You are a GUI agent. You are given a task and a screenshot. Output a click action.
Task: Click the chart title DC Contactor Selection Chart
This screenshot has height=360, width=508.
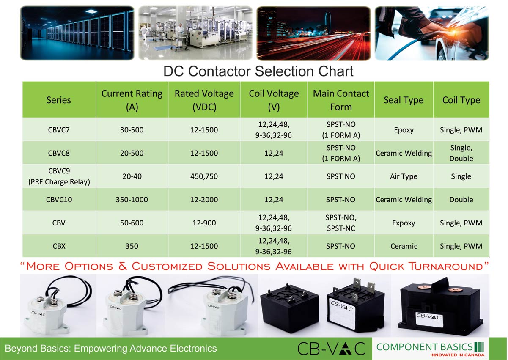pos(258,71)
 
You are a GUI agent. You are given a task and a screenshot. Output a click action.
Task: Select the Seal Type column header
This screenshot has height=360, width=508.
pos(404,100)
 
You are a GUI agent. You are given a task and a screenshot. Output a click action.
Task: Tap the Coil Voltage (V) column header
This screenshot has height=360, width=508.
pos(274,100)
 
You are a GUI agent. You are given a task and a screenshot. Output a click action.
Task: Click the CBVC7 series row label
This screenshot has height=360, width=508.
pos(59,130)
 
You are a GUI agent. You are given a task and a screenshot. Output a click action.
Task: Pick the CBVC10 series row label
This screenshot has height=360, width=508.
pos(59,200)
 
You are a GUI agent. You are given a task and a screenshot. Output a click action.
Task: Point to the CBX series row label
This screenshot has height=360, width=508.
pos(59,246)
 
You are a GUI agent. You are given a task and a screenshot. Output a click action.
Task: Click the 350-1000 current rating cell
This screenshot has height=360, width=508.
pos(132,200)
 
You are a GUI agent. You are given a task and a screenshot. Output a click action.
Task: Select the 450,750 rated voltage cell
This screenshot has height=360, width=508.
pos(204,176)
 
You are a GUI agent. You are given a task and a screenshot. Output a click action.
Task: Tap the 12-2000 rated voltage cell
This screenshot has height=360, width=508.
pos(204,200)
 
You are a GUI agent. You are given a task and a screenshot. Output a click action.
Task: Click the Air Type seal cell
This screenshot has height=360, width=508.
pos(404,176)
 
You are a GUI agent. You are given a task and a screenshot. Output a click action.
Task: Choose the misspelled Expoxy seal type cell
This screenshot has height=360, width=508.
pos(404,223)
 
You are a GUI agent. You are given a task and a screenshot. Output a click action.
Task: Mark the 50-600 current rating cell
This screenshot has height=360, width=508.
pos(132,223)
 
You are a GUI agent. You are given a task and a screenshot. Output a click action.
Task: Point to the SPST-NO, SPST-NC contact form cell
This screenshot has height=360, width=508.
pos(341,223)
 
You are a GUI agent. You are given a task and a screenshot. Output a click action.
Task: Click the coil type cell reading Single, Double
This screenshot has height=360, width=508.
pos(461,153)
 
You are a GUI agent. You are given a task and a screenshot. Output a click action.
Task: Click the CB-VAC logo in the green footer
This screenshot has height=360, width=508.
pos(331,349)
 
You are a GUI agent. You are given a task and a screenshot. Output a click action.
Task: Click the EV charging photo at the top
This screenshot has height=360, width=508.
pos(431,33)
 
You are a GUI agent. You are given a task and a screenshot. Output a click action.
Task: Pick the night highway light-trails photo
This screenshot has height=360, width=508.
pos(313,33)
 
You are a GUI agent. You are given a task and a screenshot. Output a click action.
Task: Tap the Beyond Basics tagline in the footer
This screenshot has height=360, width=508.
pos(111,349)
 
